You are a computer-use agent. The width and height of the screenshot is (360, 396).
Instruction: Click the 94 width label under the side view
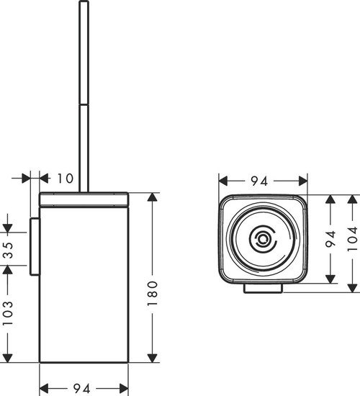pos(84,388)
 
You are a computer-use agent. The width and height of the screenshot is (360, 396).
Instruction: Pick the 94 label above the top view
pos(263,181)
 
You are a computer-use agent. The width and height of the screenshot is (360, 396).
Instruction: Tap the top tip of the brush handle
pos(83,4)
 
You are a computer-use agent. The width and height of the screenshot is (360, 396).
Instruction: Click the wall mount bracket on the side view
pos(32,245)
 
